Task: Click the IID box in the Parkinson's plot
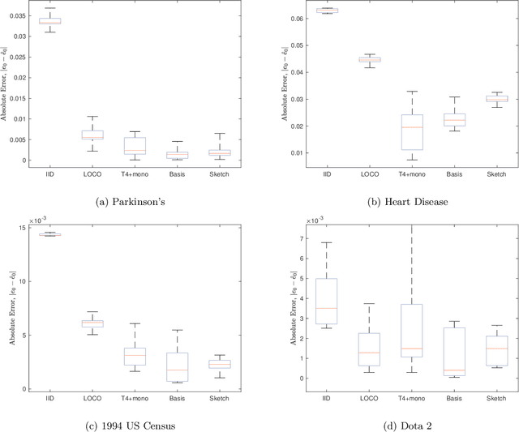pos(49,21)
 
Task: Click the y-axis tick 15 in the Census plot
pos(22,228)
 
